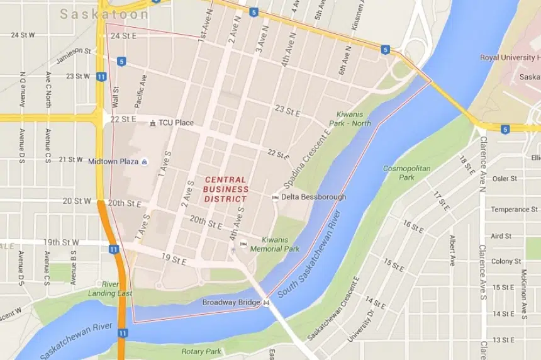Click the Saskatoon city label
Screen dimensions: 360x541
coord(104,14)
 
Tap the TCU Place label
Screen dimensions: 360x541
coord(176,123)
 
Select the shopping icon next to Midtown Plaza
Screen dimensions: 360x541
coord(145,162)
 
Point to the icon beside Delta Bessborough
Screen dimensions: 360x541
coord(275,198)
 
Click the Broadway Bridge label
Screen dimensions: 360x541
coord(231,303)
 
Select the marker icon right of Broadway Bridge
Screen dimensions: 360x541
coord(267,303)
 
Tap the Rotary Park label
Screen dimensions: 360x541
coord(201,351)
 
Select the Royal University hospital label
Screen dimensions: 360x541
coord(510,57)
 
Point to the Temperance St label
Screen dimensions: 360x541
coord(514,210)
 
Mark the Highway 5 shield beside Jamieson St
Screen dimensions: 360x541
coord(121,61)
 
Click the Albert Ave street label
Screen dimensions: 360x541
coord(452,250)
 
